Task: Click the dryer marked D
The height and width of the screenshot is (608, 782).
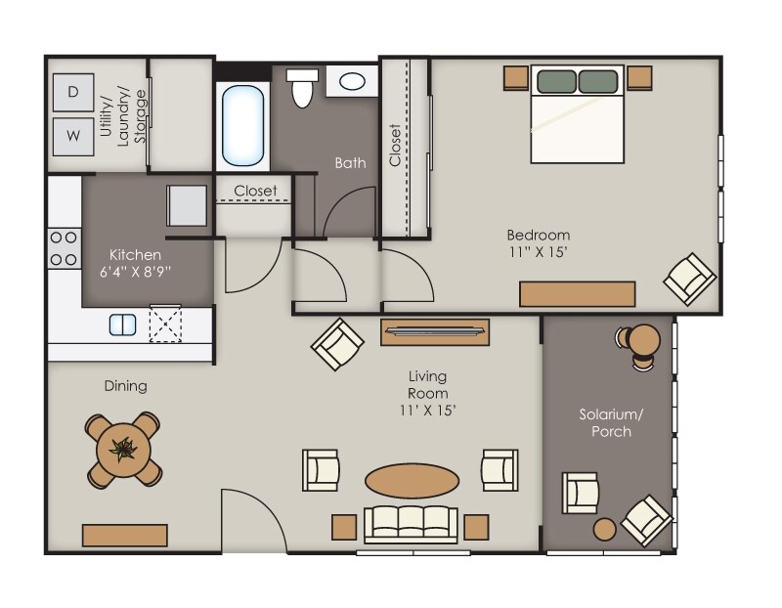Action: click(x=73, y=92)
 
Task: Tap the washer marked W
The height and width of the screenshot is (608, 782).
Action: click(x=73, y=135)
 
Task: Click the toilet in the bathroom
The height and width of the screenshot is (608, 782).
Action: click(x=303, y=88)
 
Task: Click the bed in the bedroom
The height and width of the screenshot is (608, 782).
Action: click(x=577, y=114)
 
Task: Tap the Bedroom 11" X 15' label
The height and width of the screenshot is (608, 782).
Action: click(x=538, y=242)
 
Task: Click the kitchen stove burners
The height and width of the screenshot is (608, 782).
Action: click(x=65, y=248)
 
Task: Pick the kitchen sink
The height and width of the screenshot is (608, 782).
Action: click(x=122, y=324)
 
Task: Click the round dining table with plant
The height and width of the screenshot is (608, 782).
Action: click(x=123, y=451)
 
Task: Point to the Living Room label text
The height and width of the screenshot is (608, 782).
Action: click(x=428, y=393)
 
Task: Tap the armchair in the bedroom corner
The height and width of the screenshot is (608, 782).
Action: click(x=690, y=277)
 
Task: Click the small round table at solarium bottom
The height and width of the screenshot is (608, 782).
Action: click(x=604, y=529)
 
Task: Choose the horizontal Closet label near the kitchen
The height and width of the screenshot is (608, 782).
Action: click(x=255, y=191)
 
